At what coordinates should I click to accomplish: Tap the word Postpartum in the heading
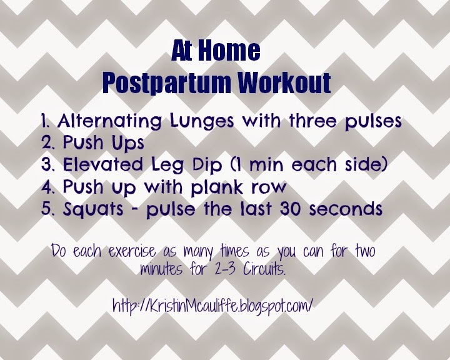(166, 83)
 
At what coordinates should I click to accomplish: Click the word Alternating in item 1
(109, 121)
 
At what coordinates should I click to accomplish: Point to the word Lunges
(202, 121)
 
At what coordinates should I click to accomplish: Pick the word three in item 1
(313, 121)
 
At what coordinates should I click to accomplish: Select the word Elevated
(102, 165)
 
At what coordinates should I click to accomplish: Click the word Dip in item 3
(207, 166)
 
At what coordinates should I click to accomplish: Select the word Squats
(93, 209)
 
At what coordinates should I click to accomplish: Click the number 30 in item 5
(291, 209)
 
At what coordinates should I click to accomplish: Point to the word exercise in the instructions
(132, 252)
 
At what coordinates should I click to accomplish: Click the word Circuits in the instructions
(264, 269)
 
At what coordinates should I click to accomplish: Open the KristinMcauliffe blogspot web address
(212, 306)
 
